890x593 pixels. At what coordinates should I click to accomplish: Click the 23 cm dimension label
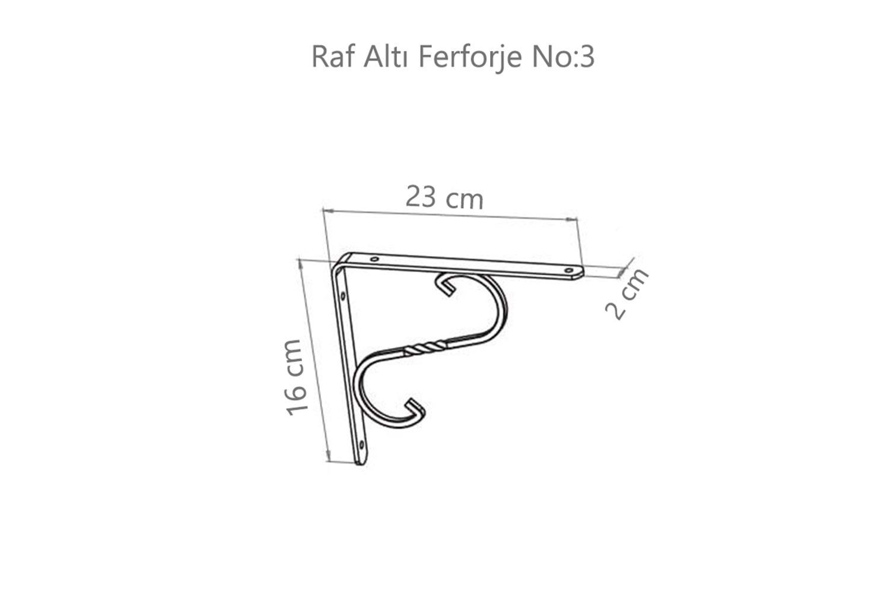tap(444, 197)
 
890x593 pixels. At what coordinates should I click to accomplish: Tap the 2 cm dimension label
tap(627, 294)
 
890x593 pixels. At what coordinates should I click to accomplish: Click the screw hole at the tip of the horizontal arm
tap(569, 270)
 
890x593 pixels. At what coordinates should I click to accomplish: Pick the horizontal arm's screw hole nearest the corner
tap(374, 259)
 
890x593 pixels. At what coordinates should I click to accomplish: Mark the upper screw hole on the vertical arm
tap(342, 294)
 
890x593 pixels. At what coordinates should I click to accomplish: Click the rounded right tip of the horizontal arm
tap(581, 272)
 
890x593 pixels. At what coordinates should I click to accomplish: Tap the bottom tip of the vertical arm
tap(360, 461)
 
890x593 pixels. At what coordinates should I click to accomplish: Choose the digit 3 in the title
tap(587, 57)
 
